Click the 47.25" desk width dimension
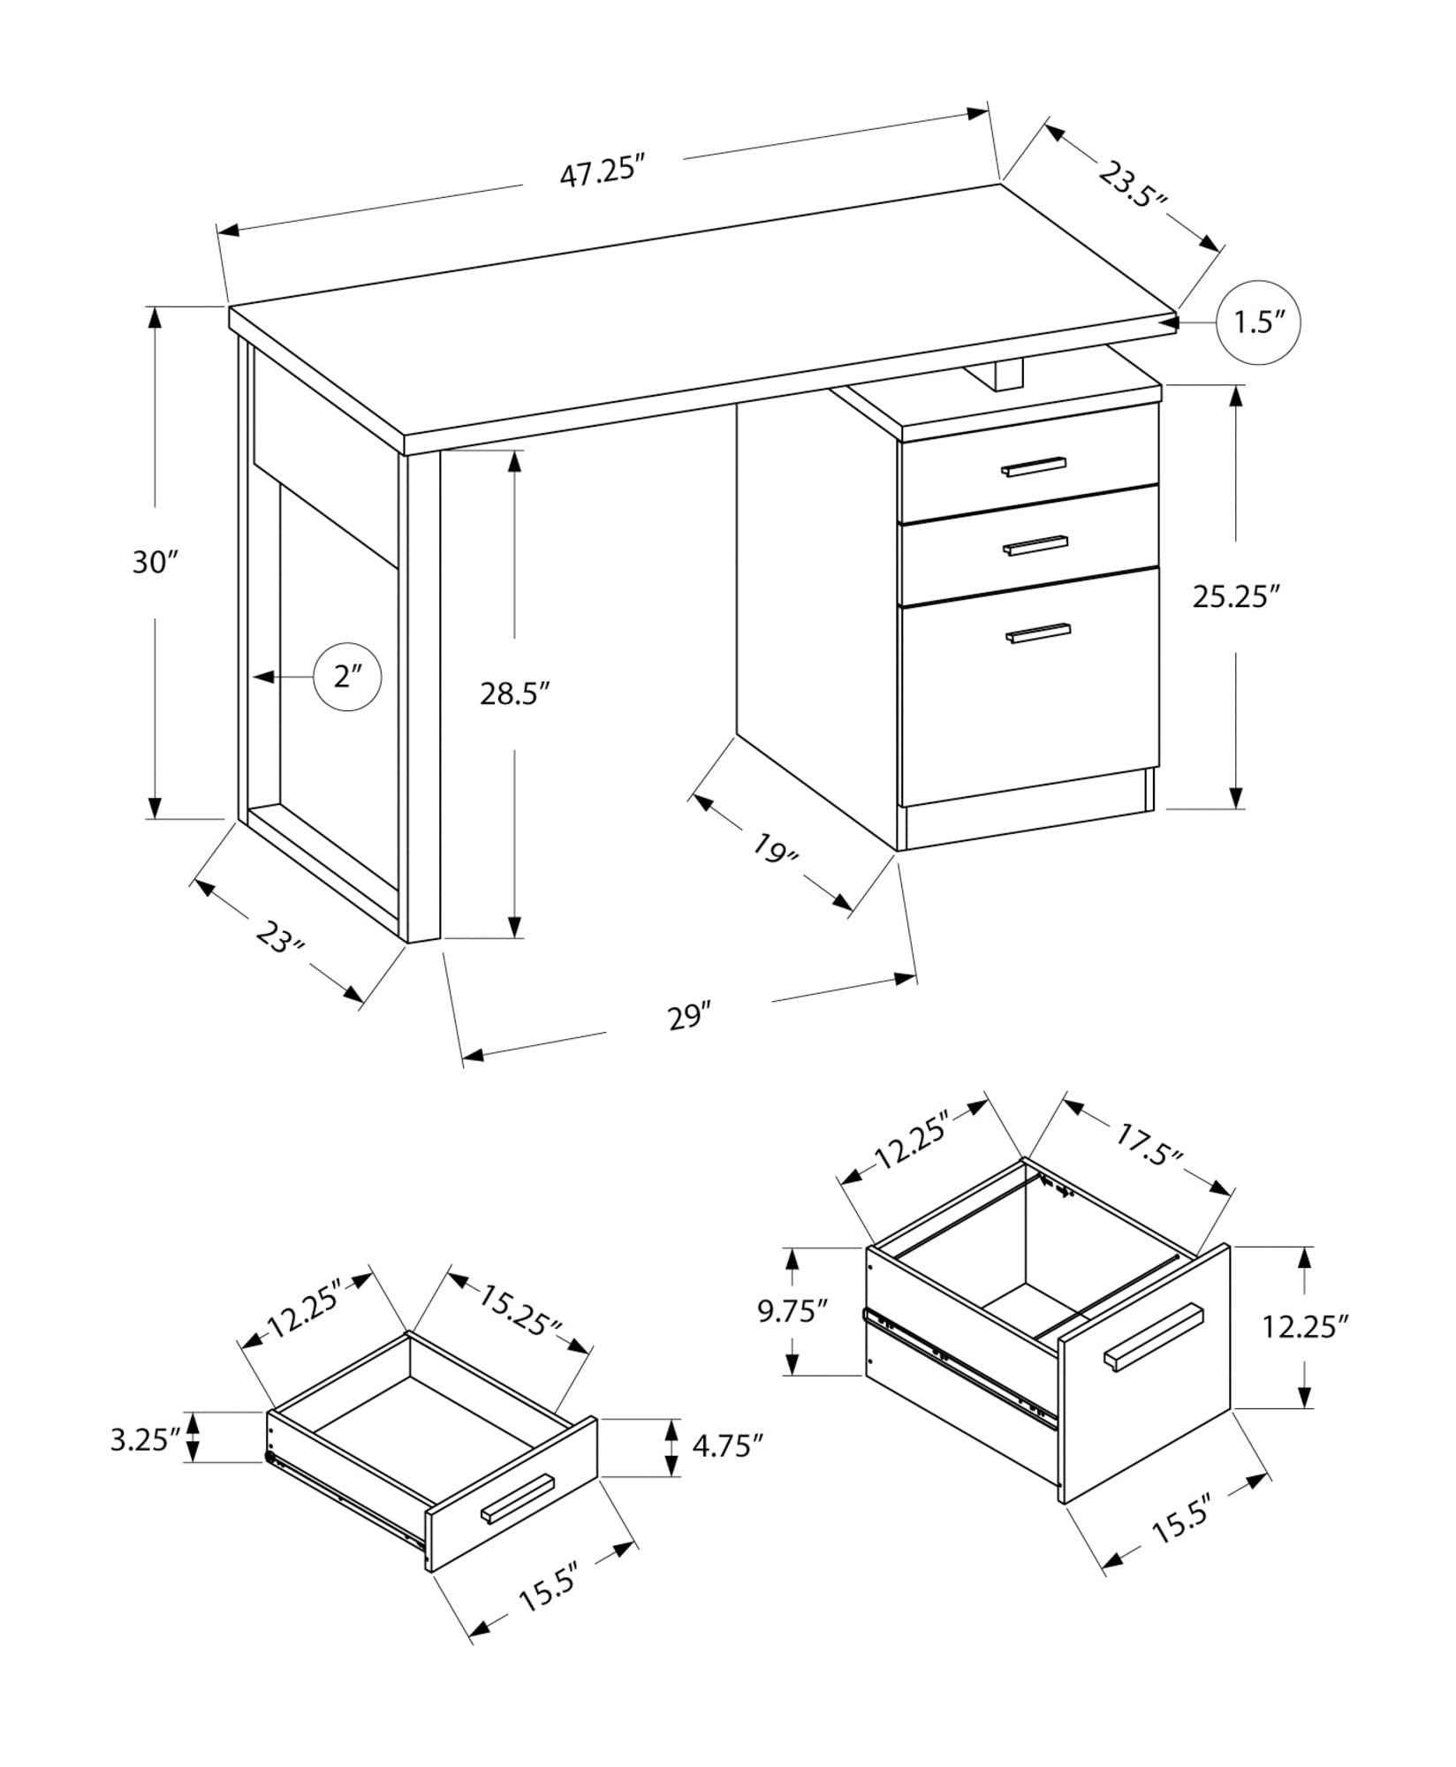pyautogui.click(x=598, y=170)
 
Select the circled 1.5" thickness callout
pyautogui.click(x=1258, y=322)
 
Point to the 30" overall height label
pyautogui.click(x=155, y=562)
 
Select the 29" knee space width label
pyautogui.click(x=689, y=1017)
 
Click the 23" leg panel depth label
pyautogui.click(x=280, y=937)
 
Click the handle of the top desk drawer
pyautogui.click(x=1034, y=466)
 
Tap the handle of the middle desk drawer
pyautogui.click(x=1035, y=546)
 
